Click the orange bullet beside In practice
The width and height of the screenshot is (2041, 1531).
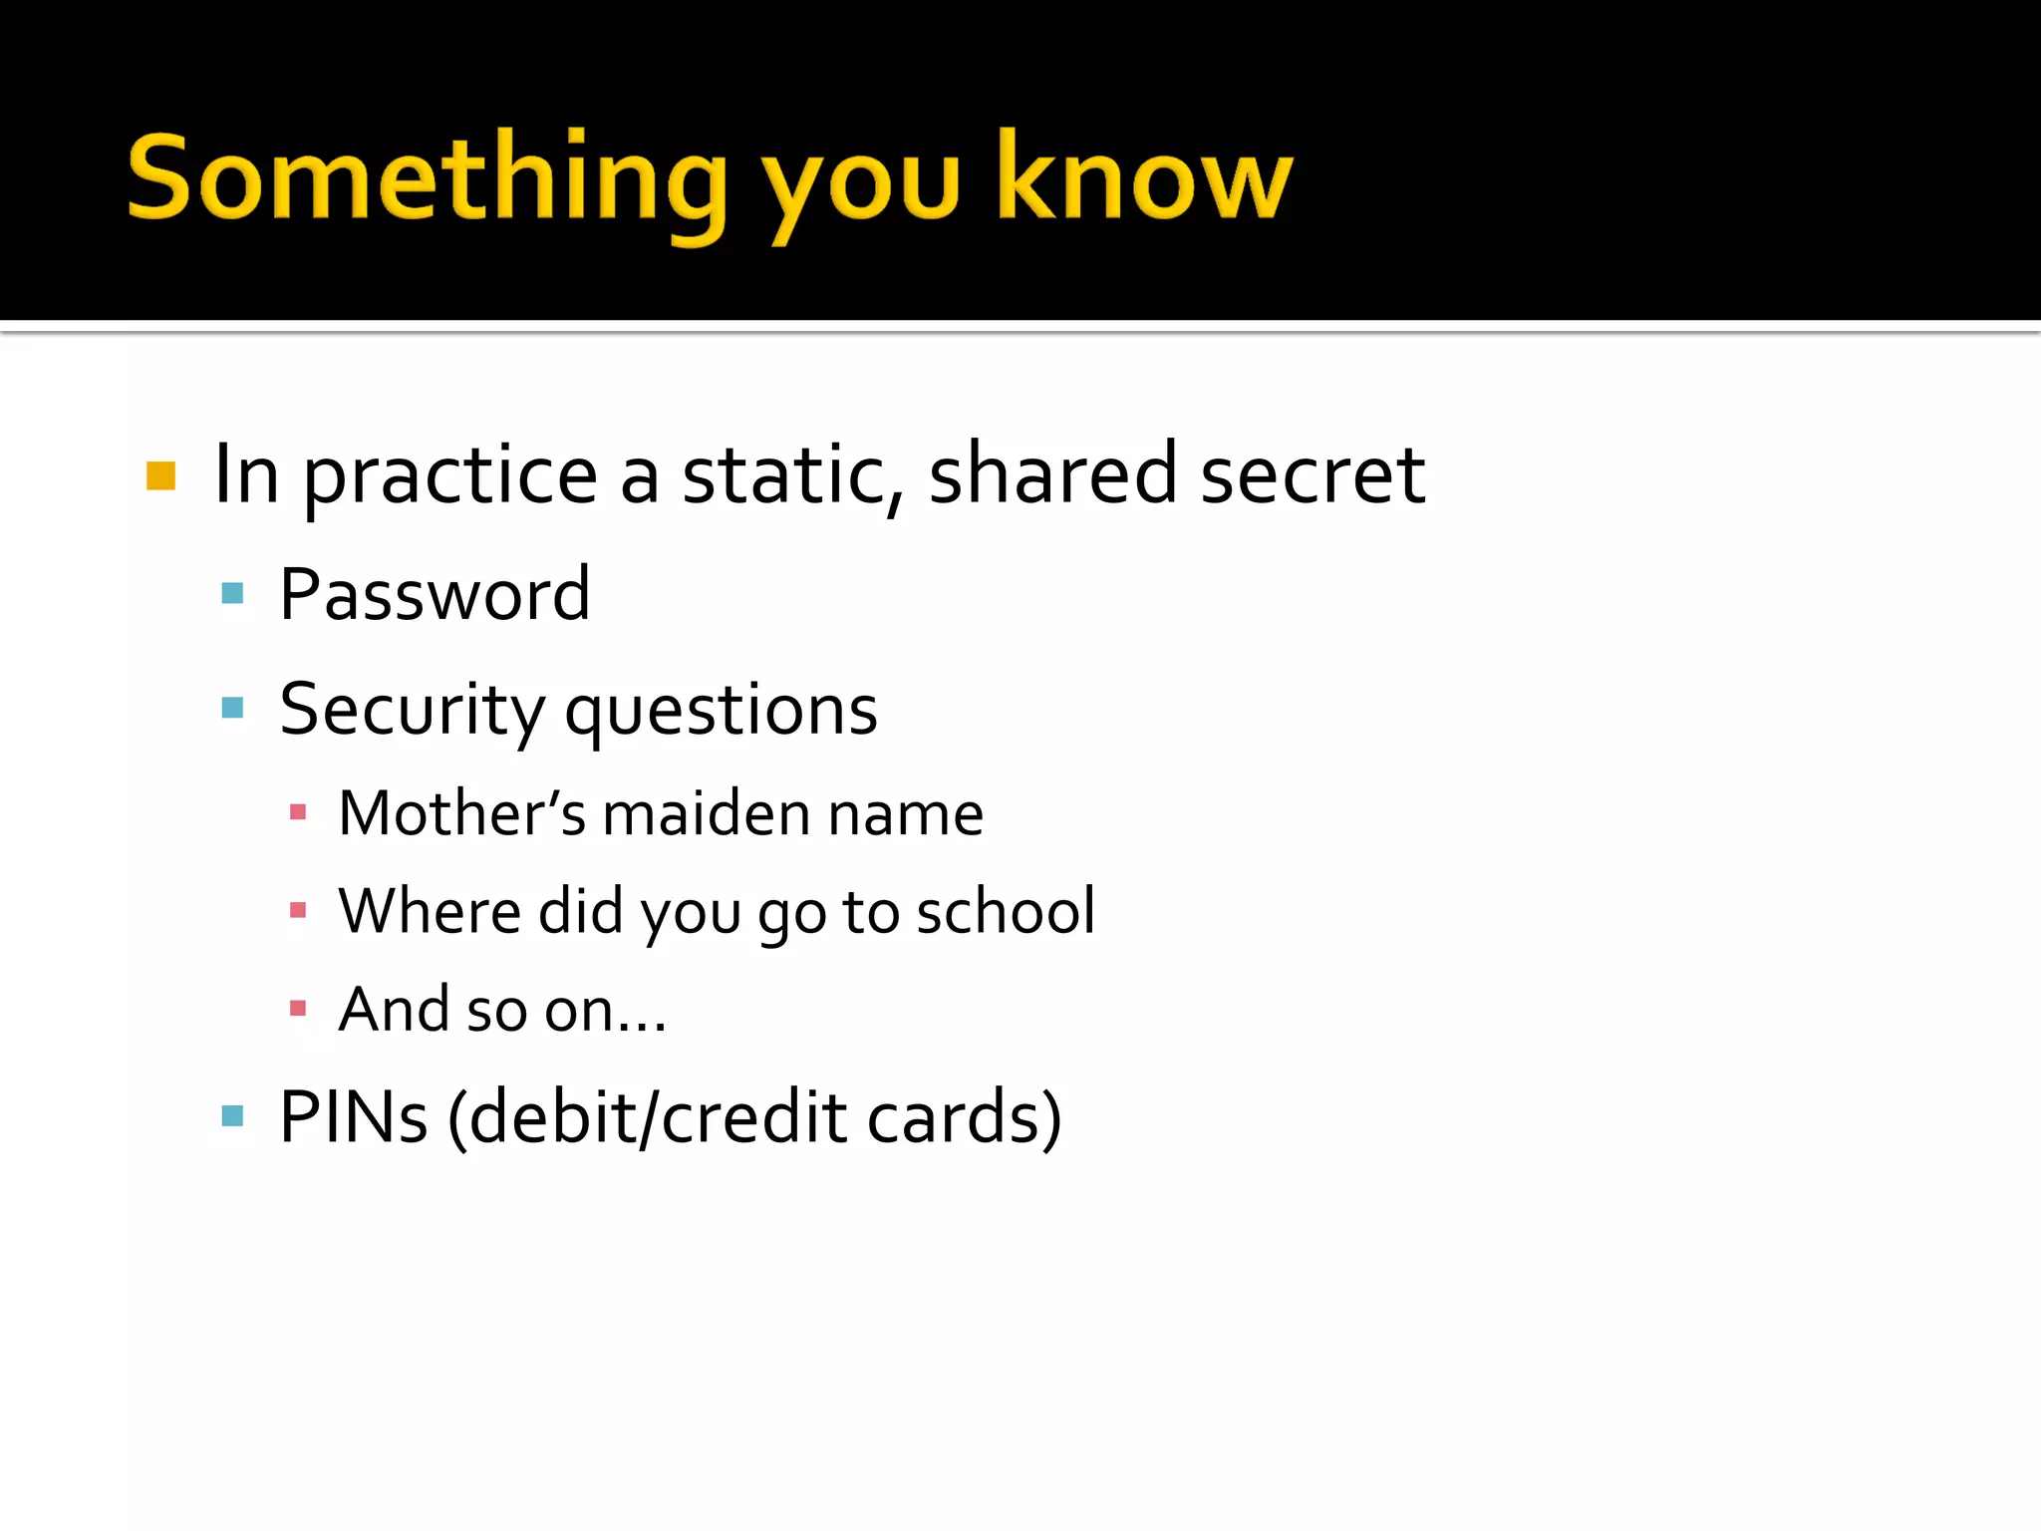[160, 475]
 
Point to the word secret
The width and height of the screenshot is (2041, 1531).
[1312, 475]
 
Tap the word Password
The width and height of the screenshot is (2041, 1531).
[435, 595]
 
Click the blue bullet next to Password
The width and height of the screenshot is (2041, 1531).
[232, 594]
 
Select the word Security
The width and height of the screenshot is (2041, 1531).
[412, 711]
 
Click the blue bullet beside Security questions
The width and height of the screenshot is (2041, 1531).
[232, 709]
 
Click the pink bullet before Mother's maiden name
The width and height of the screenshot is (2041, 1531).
[297, 812]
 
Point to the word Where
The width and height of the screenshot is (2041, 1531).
[430, 911]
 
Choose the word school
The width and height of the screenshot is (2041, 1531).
[1006, 911]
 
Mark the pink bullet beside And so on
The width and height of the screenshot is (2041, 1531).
[297, 1009]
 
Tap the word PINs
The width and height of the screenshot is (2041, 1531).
[354, 1117]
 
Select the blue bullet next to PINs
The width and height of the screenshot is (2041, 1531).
[232, 1115]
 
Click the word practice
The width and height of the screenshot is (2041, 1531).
[449, 477]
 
